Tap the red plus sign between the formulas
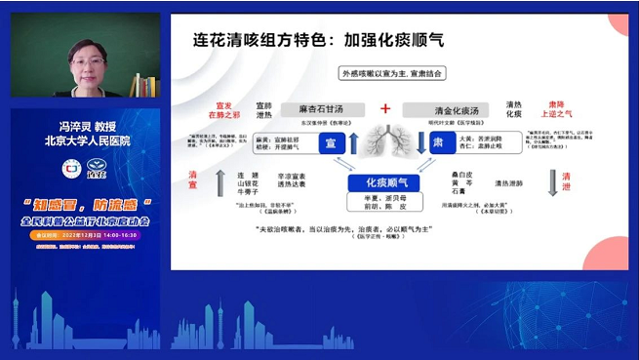384,108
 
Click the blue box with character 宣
329,142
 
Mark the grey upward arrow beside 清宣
220,179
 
